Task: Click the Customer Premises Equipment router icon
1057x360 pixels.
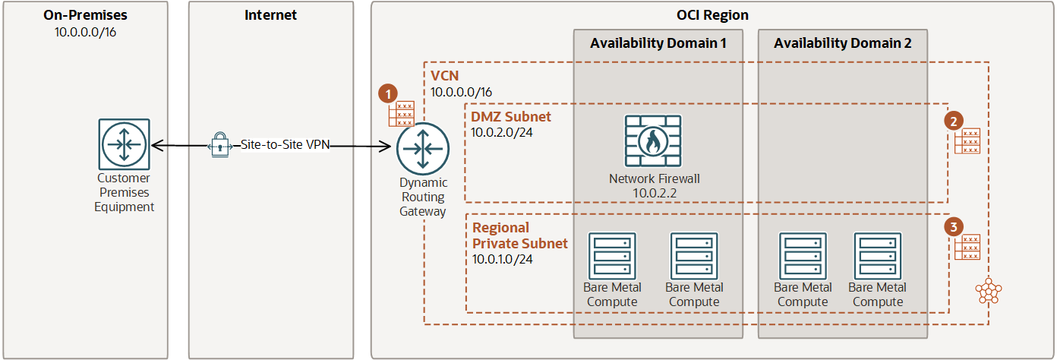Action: [124, 144]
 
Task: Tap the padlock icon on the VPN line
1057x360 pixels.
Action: [219, 144]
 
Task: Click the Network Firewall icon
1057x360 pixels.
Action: [654, 141]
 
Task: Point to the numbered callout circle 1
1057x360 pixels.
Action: [388, 93]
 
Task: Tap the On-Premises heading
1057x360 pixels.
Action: [86, 15]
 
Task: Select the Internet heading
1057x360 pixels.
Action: [270, 15]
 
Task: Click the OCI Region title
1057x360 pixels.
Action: [712, 15]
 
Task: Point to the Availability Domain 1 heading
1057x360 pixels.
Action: [658, 43]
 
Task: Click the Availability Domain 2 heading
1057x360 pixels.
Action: [842, 43]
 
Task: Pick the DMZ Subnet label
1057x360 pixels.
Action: [511, 117]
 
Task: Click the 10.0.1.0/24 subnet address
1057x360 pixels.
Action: [502, 260]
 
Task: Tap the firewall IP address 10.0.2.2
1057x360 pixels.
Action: [654, 194]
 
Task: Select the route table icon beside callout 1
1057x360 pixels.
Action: [401, 114]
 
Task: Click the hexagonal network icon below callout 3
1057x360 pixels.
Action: [988, 290]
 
